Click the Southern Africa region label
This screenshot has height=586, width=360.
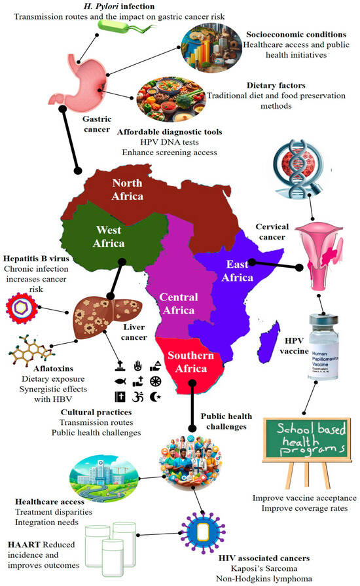[x=190, y=364]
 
